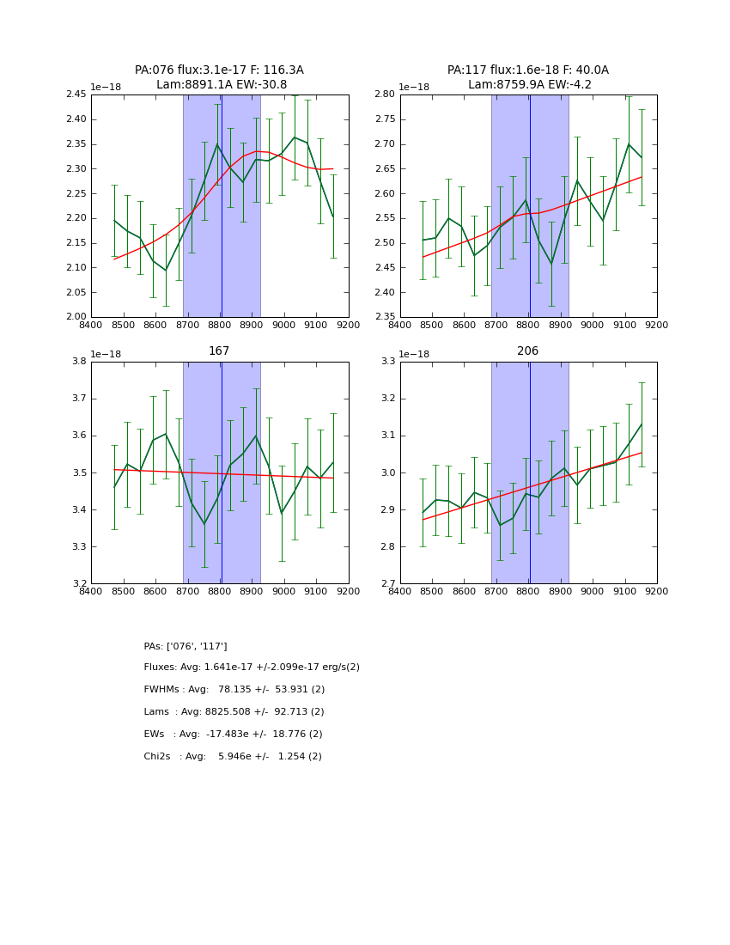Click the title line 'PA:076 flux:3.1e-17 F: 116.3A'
click(x=219, y=70)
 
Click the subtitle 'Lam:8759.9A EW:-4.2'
click(x=528, y=84)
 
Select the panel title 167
click(x=219, y=351)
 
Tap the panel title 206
click(x=528, y=351)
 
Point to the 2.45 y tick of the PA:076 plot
click(x=76, y=94)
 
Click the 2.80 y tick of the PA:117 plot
click(x=385, y=94)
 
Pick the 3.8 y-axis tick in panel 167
click(x=81, y=362)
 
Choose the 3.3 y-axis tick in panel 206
click(x=389, y=362)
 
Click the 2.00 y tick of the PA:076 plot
click(x=76, y=317)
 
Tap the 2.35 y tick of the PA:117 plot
click(x=385, y=317)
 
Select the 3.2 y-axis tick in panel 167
click(x=81, y=584)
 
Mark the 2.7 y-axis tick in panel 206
click(x=389, y=584)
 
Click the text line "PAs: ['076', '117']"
click(x=186, y=646)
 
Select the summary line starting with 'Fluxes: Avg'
click(x=252, y=668)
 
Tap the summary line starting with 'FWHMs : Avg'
click(x=234, y=690)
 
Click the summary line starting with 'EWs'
click(x=233, y=735)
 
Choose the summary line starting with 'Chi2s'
click(x=233, y=757)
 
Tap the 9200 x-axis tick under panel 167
click(x=348, y=591)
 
